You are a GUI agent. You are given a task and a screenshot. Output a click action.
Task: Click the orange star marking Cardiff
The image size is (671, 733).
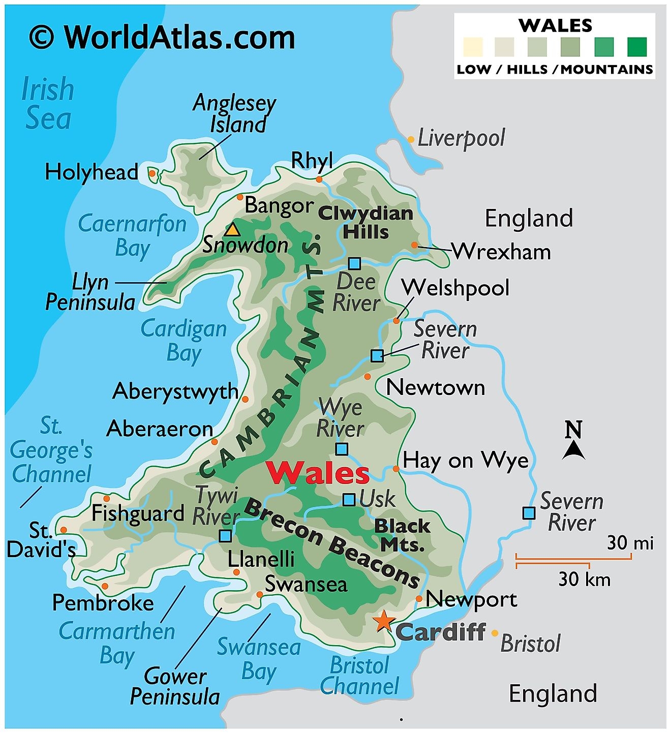click(383, 621)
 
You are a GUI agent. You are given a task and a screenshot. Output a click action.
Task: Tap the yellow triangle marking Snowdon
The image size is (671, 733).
click(232, 229)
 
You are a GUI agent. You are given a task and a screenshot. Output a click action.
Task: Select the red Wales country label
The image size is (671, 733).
click(318, 473)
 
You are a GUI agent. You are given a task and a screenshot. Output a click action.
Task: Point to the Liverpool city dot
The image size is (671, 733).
click(411, 139)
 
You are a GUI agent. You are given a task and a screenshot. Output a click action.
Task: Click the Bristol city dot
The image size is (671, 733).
click(495, 633)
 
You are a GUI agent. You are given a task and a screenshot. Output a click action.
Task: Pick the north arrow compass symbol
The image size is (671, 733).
click(573, 441)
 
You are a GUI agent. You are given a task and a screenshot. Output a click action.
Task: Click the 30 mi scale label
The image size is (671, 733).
click(630, 543)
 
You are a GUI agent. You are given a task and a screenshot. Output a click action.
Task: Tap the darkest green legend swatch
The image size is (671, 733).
click(636, 47)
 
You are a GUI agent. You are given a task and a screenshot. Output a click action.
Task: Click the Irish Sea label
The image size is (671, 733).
click(48, 104)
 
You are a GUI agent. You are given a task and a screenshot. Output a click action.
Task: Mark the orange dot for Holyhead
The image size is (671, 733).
click(151, 173)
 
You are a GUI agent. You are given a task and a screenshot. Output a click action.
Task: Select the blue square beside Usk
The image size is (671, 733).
click(349, 500)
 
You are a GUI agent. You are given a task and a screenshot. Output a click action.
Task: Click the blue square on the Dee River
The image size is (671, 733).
click(354, 263)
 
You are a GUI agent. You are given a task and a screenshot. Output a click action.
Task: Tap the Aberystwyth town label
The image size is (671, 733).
click(175, 391)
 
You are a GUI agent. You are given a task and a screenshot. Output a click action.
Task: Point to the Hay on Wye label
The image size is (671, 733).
click(465, 461)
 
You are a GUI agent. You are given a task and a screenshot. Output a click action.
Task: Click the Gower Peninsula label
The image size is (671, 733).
click(175, 686)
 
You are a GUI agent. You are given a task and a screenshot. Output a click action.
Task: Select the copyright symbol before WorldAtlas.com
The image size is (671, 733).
click(42, 38)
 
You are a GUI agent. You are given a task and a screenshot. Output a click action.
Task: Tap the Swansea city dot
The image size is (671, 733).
click(260, 594)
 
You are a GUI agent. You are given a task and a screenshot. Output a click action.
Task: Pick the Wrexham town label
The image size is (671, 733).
click(501, 252)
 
